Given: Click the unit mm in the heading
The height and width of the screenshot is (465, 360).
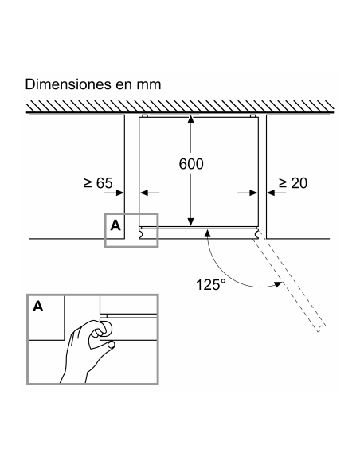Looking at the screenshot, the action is pyautogui.click(x=149, y=86).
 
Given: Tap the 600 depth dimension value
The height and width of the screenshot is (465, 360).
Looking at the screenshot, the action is pyautogui.click(x=191, y=164).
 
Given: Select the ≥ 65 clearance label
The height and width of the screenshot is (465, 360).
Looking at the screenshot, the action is pyautogui.click(x=99, y=183).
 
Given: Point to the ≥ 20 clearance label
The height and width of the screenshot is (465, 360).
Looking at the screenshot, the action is pyautogui.click(x=293, y=183).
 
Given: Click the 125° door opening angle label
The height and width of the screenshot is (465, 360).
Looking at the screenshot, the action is pyautogui.click(x=211, y=285).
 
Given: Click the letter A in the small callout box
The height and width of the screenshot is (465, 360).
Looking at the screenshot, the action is pyautogui.click(x=115, y=225).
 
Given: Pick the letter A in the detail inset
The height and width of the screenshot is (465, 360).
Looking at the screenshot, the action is pyautogui.click(x=38, y=306).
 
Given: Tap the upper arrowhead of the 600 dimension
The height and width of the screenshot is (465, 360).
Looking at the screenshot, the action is pyautogui.click(x=190, y=119).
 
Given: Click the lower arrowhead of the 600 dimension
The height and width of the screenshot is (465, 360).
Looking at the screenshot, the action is pyautogui.click(x=190, y=222).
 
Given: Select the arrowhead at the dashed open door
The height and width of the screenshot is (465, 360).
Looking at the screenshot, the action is pyautogui.click(x=278, y=284).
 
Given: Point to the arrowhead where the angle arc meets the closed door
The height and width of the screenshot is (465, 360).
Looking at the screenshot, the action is pyautogui.click(x=208, y=233).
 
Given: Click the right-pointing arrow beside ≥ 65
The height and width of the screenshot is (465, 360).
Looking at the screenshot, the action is pyautogui.click(x=114, y=193).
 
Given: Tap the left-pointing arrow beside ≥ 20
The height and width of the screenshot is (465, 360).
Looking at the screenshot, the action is pyautogui.click(x=276, y=193).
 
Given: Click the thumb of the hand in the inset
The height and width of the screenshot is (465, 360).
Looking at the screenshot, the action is pyautogui.click(x=111, y=344).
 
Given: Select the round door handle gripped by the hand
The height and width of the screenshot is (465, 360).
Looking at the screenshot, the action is pyautogui.click(x=106, y=327).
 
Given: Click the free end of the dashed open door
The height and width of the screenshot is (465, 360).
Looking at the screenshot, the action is pyautogui.click(x=322, y=329).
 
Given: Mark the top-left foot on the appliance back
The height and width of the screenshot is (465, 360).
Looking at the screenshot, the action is pyautogui.click(x=144, y=115).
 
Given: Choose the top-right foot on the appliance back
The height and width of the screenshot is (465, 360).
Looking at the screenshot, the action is pyautogui.click(x=252, y=115).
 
